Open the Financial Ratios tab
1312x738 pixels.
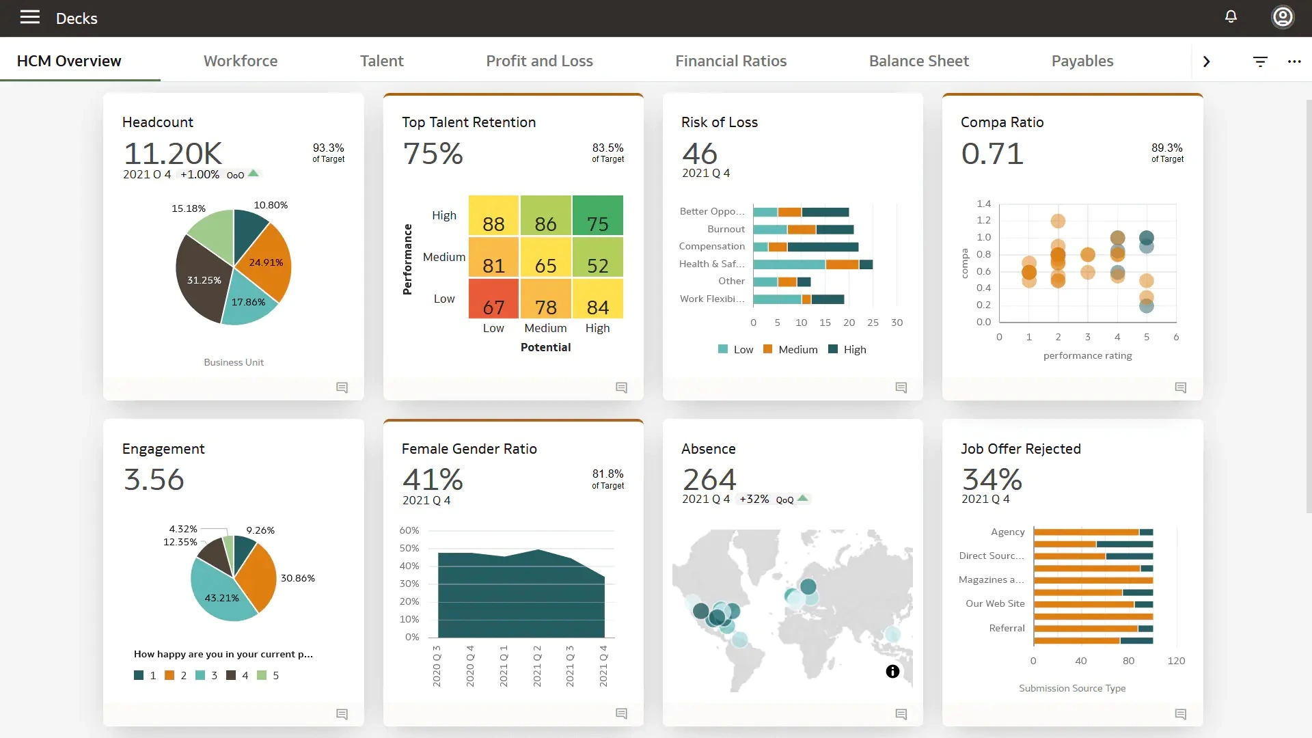pos(730,61)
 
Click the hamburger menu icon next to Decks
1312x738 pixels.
pos(30,17)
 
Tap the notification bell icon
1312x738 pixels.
pos(1231,16)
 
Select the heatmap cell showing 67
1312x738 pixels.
pos(493,299)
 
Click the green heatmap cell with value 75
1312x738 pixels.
pos(597,215)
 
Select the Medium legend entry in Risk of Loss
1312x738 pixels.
pos(791,349)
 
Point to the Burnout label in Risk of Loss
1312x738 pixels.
pos(726,229)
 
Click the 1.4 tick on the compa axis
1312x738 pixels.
pos(983,204)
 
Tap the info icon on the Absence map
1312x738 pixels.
pos(892,671)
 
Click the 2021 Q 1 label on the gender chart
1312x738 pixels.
pos(504,666)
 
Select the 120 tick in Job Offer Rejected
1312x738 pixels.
pos(1176,661)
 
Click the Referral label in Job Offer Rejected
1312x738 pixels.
pos(1007,628)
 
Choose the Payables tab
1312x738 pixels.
pos(1082,61)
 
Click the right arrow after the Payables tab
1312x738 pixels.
pos(1206,61)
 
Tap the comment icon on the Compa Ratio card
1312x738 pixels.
pos(1180,387)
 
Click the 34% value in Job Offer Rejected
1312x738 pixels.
pos(992,479)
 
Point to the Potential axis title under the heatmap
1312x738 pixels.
pos(545,347)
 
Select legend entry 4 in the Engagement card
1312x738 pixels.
pos(238,675)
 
